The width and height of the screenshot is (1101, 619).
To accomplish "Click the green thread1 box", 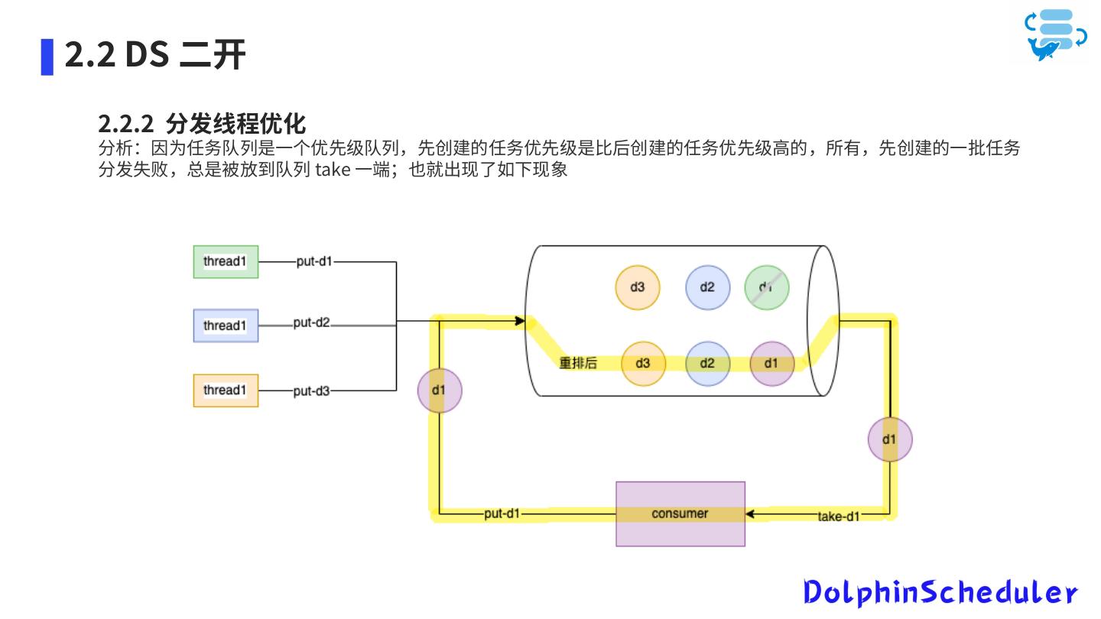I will tap(226, 261).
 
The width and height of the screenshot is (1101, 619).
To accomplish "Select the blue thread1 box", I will tap(226, 326).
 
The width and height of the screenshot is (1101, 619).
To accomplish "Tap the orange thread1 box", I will tap(226, 391).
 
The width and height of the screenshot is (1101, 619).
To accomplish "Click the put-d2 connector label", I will tap(312, 322).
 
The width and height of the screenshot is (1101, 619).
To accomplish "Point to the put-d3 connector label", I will tap(312, 391).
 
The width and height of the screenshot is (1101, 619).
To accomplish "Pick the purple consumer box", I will tap(680, 514).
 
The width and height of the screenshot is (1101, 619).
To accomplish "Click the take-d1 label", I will tap(839, 517).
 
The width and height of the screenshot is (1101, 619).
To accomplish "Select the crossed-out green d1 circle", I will tap(766, 287).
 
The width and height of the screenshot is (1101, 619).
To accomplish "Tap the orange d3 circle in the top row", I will tap(637, 287).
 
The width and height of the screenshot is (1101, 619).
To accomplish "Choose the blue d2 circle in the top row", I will tap(707, 287).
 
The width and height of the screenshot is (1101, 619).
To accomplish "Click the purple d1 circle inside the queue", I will tap(771, 363).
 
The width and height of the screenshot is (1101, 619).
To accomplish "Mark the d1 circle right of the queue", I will tap(889, 439).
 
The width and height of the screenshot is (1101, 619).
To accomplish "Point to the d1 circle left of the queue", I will tap(439, 391).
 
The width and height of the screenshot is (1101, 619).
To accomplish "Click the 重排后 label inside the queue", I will tap(578, 363).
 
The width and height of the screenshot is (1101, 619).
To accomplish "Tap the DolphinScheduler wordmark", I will tap(940, 592).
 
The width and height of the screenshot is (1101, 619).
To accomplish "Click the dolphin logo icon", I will tap(1056, 35).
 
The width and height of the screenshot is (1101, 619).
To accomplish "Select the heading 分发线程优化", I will tap(235, 123).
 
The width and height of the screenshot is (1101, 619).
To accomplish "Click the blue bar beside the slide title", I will tap(47, 57).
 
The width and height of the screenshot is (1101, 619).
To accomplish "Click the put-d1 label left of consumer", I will tap(502, 514).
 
